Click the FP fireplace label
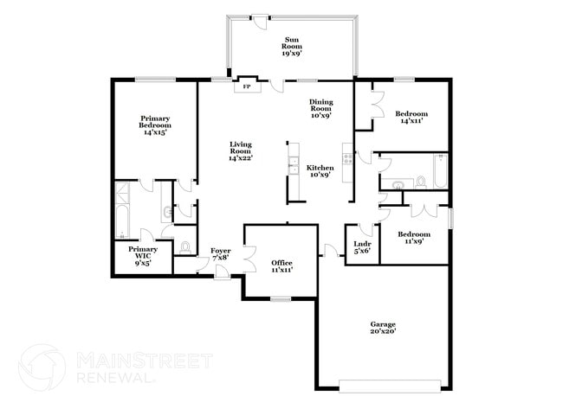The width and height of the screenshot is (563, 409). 246,86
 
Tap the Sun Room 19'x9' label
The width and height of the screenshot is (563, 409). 292,46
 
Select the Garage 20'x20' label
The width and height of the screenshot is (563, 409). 383,328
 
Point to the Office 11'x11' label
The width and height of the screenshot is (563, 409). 281,266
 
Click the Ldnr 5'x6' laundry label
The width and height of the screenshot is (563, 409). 362,247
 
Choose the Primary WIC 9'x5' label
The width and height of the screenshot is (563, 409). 143,256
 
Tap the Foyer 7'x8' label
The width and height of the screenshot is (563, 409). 221,254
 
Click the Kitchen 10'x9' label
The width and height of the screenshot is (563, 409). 320,171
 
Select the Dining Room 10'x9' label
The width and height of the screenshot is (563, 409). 321,108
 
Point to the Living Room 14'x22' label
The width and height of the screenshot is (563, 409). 241,151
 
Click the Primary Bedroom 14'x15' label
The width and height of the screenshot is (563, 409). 155,125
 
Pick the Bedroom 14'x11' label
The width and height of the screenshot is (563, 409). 411,117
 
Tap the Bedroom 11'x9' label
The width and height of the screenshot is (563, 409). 414,237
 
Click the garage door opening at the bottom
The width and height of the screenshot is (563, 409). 390,386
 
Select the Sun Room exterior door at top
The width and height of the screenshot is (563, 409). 260,21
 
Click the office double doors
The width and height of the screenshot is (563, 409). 250,259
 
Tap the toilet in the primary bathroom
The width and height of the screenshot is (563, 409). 184,247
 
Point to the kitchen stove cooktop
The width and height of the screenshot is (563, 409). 347,159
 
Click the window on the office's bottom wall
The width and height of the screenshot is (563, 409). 281,298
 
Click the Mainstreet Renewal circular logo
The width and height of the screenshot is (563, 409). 42,367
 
